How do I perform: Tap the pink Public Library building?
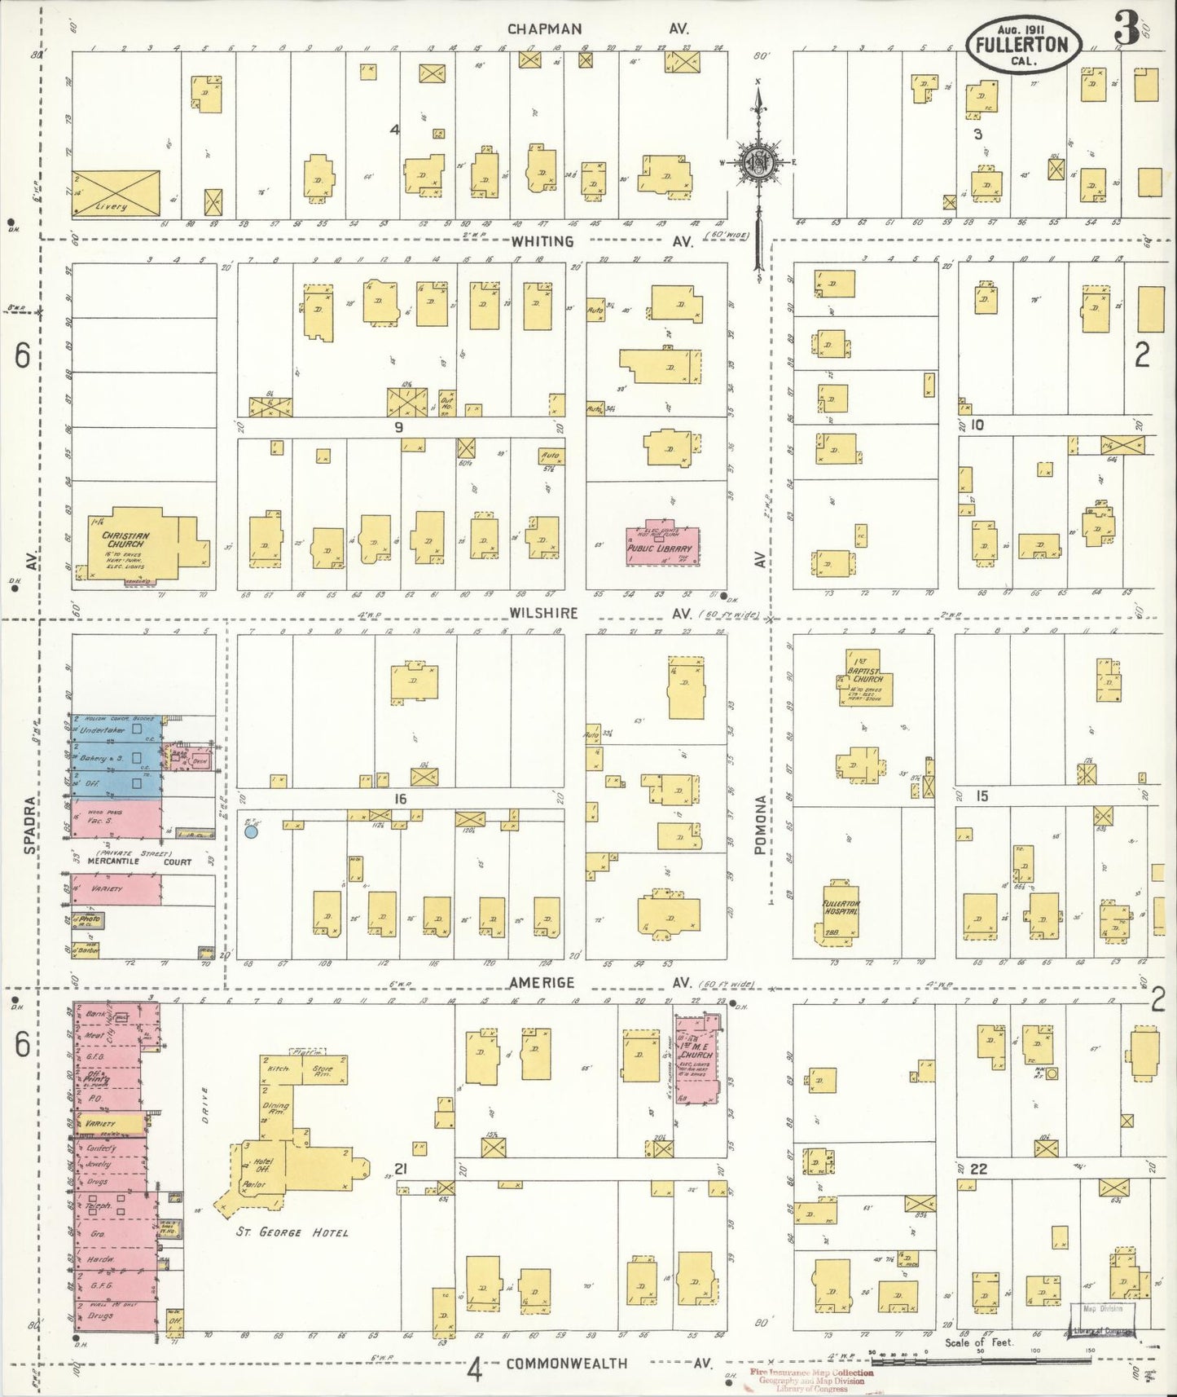pos(659,544)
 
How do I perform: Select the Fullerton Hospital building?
pos(837,912)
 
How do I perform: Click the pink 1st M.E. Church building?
pos(698,1057)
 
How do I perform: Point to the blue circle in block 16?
pos(252,831)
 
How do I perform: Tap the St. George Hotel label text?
pos(292,1232)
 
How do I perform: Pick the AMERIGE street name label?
pos(542,984)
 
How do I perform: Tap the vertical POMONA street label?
pos(760,825)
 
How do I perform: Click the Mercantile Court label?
pos(144,862)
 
